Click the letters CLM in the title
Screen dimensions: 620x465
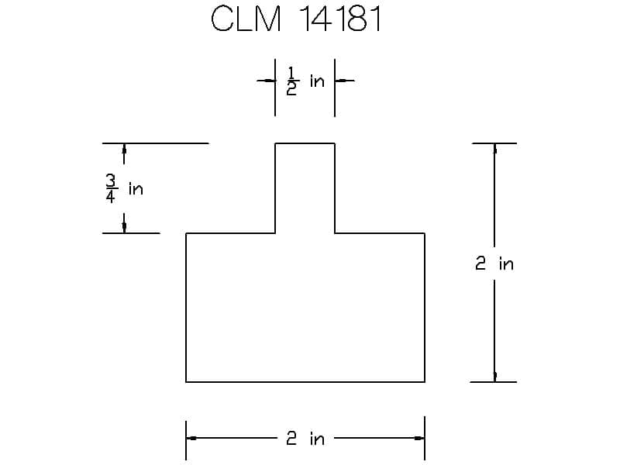[246, 19]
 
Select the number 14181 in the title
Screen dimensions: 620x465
[340, 19]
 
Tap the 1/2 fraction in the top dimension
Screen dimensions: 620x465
[291, 81]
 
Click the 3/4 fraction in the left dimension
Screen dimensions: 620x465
[111, 188]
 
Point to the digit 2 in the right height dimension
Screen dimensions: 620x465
[480, 263]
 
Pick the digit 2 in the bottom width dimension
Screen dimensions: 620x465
[291, 439]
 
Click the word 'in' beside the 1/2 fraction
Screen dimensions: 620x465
[317, 81]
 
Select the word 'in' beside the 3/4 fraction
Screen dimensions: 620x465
[136, 189]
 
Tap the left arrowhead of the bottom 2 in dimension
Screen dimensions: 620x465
[191, 438]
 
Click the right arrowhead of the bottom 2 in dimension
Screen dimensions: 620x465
[419, 438]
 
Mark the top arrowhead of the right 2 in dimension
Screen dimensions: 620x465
[494, 149]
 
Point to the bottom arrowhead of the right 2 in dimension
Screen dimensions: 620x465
[494, 377]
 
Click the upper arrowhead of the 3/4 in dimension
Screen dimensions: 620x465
[124, 149]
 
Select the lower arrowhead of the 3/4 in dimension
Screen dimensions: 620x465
[124, 228]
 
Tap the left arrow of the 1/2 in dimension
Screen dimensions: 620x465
[266, 81]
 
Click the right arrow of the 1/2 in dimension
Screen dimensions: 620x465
[344, 81]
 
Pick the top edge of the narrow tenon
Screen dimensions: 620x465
[305, 143]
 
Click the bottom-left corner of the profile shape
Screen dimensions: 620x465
[186, 382]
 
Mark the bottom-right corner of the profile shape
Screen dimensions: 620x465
[425, 382]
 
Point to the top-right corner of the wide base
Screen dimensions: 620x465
[425, 233]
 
